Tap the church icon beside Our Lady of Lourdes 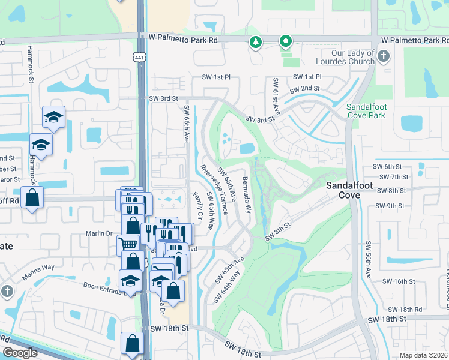click(x=384, y=56)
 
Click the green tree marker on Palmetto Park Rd click(x=256, y=42)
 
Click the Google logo click(x=20, y=353)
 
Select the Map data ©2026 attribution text click(x=423, y=355)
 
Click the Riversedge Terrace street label click(x=214, y=189)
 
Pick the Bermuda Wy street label click(x=246, y=194)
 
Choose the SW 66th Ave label click(x=187, y=124)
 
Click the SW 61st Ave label click(x=277, y=97)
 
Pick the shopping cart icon click(x=127, y=244)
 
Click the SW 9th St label click(x=390, y=206)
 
